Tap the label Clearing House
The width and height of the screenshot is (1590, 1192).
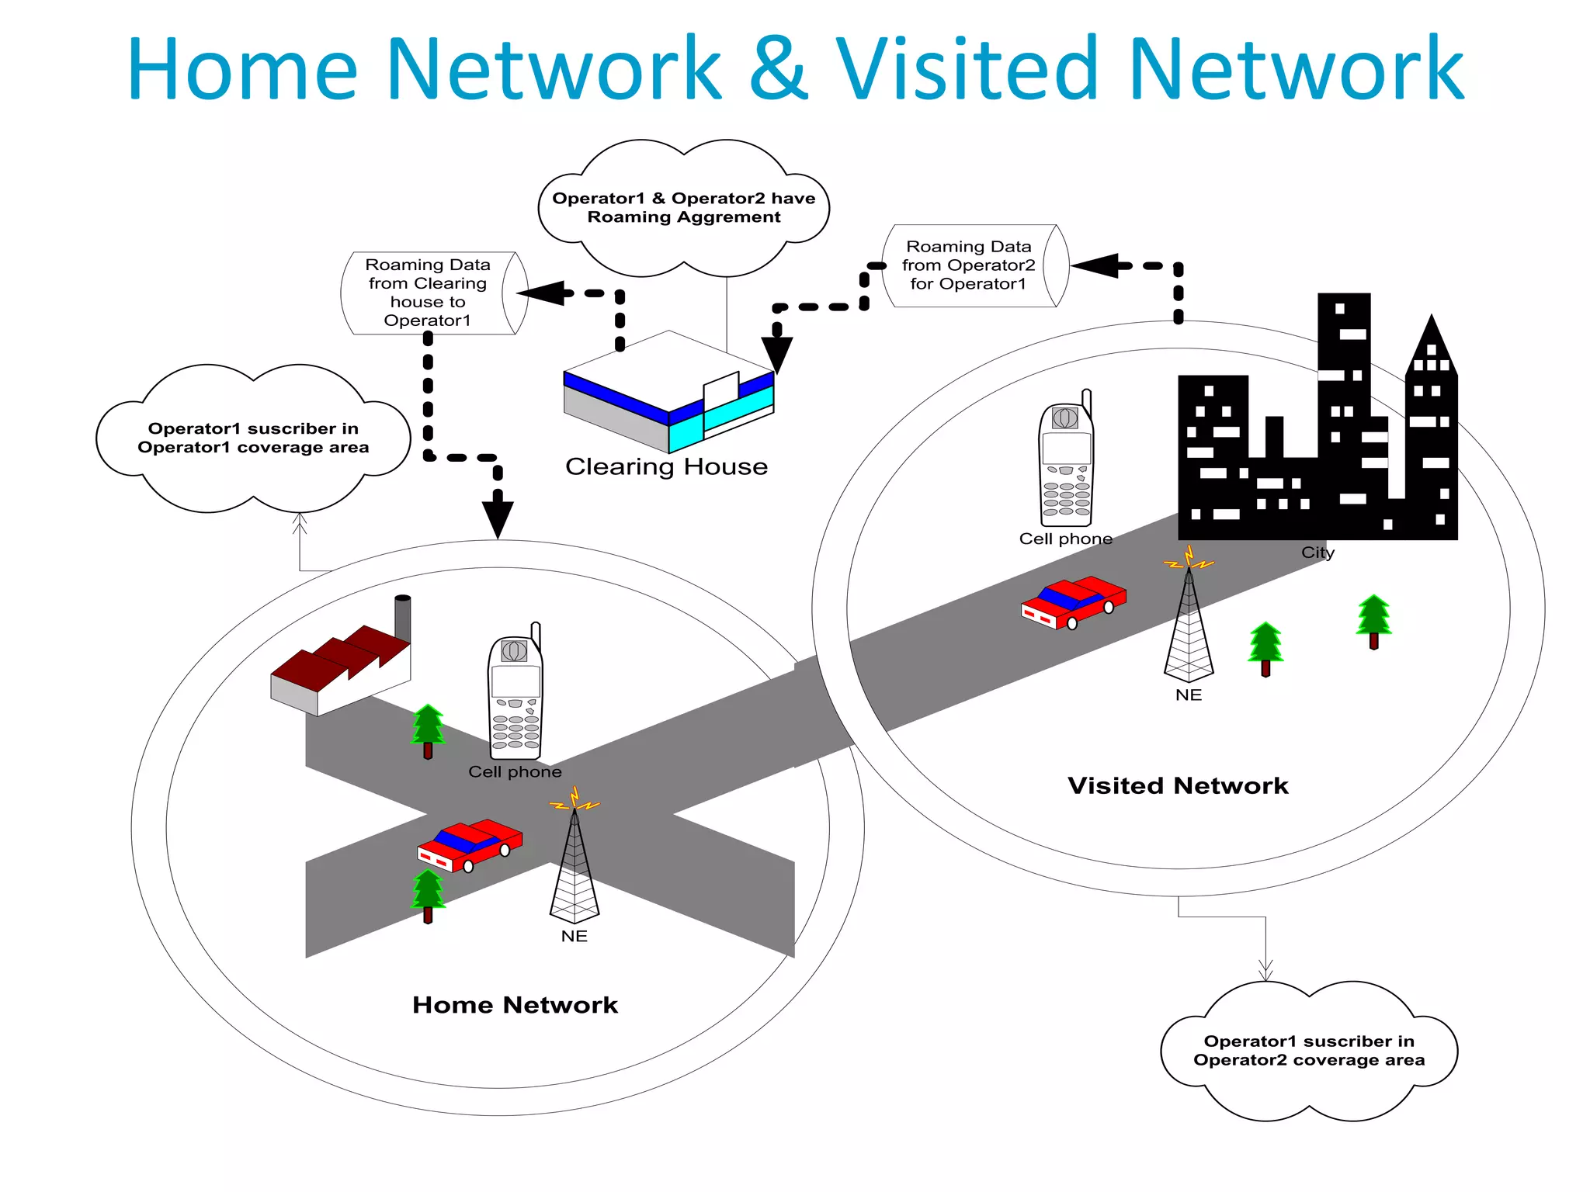pyautogui.click(x=666, y=466)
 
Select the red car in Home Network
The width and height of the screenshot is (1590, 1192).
pyautogui.click(x=470, y=844)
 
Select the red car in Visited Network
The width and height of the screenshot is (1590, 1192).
pyautogui.click(x=1073, y=602)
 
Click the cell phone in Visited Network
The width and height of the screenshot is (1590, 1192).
pyautogui.click(x=1066, y=462)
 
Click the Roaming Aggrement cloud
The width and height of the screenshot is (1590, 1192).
pyautogui.click(x=683, y=208)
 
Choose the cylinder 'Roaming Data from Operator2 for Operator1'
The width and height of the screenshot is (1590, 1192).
pyautogui.click(x=974, y=266)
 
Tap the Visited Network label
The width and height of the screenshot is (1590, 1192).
pyautogui.click(x=1178, y=785)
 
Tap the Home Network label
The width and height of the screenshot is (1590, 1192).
pyautogui.click(x=515, y=1005)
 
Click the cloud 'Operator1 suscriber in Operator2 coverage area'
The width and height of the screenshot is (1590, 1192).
pyautogui.click(x=1309, y=1051)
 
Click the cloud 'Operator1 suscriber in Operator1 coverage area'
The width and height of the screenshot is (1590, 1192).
pyautogui.click(x=253, y=438)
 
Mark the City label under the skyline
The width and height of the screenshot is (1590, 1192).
pyautogui.click(x=1317, y=553)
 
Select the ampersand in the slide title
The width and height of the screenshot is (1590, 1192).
pyautogui.click(x=779, y=70)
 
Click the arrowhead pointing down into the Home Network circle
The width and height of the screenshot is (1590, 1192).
pyautogui.click(x=498, y=518)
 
